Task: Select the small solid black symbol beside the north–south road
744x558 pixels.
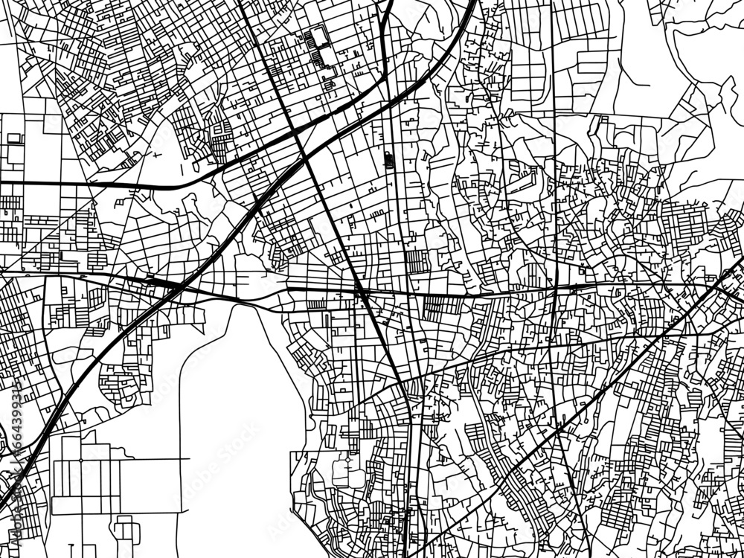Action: [388, 158]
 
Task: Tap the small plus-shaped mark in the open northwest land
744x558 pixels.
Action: [155, 155]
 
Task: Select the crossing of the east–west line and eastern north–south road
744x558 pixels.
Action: [555, 286]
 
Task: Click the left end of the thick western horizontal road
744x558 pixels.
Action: [2, 182]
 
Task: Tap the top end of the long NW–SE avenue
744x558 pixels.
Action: [242, 2]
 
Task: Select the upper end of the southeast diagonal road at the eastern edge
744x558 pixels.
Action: [741, 260]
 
